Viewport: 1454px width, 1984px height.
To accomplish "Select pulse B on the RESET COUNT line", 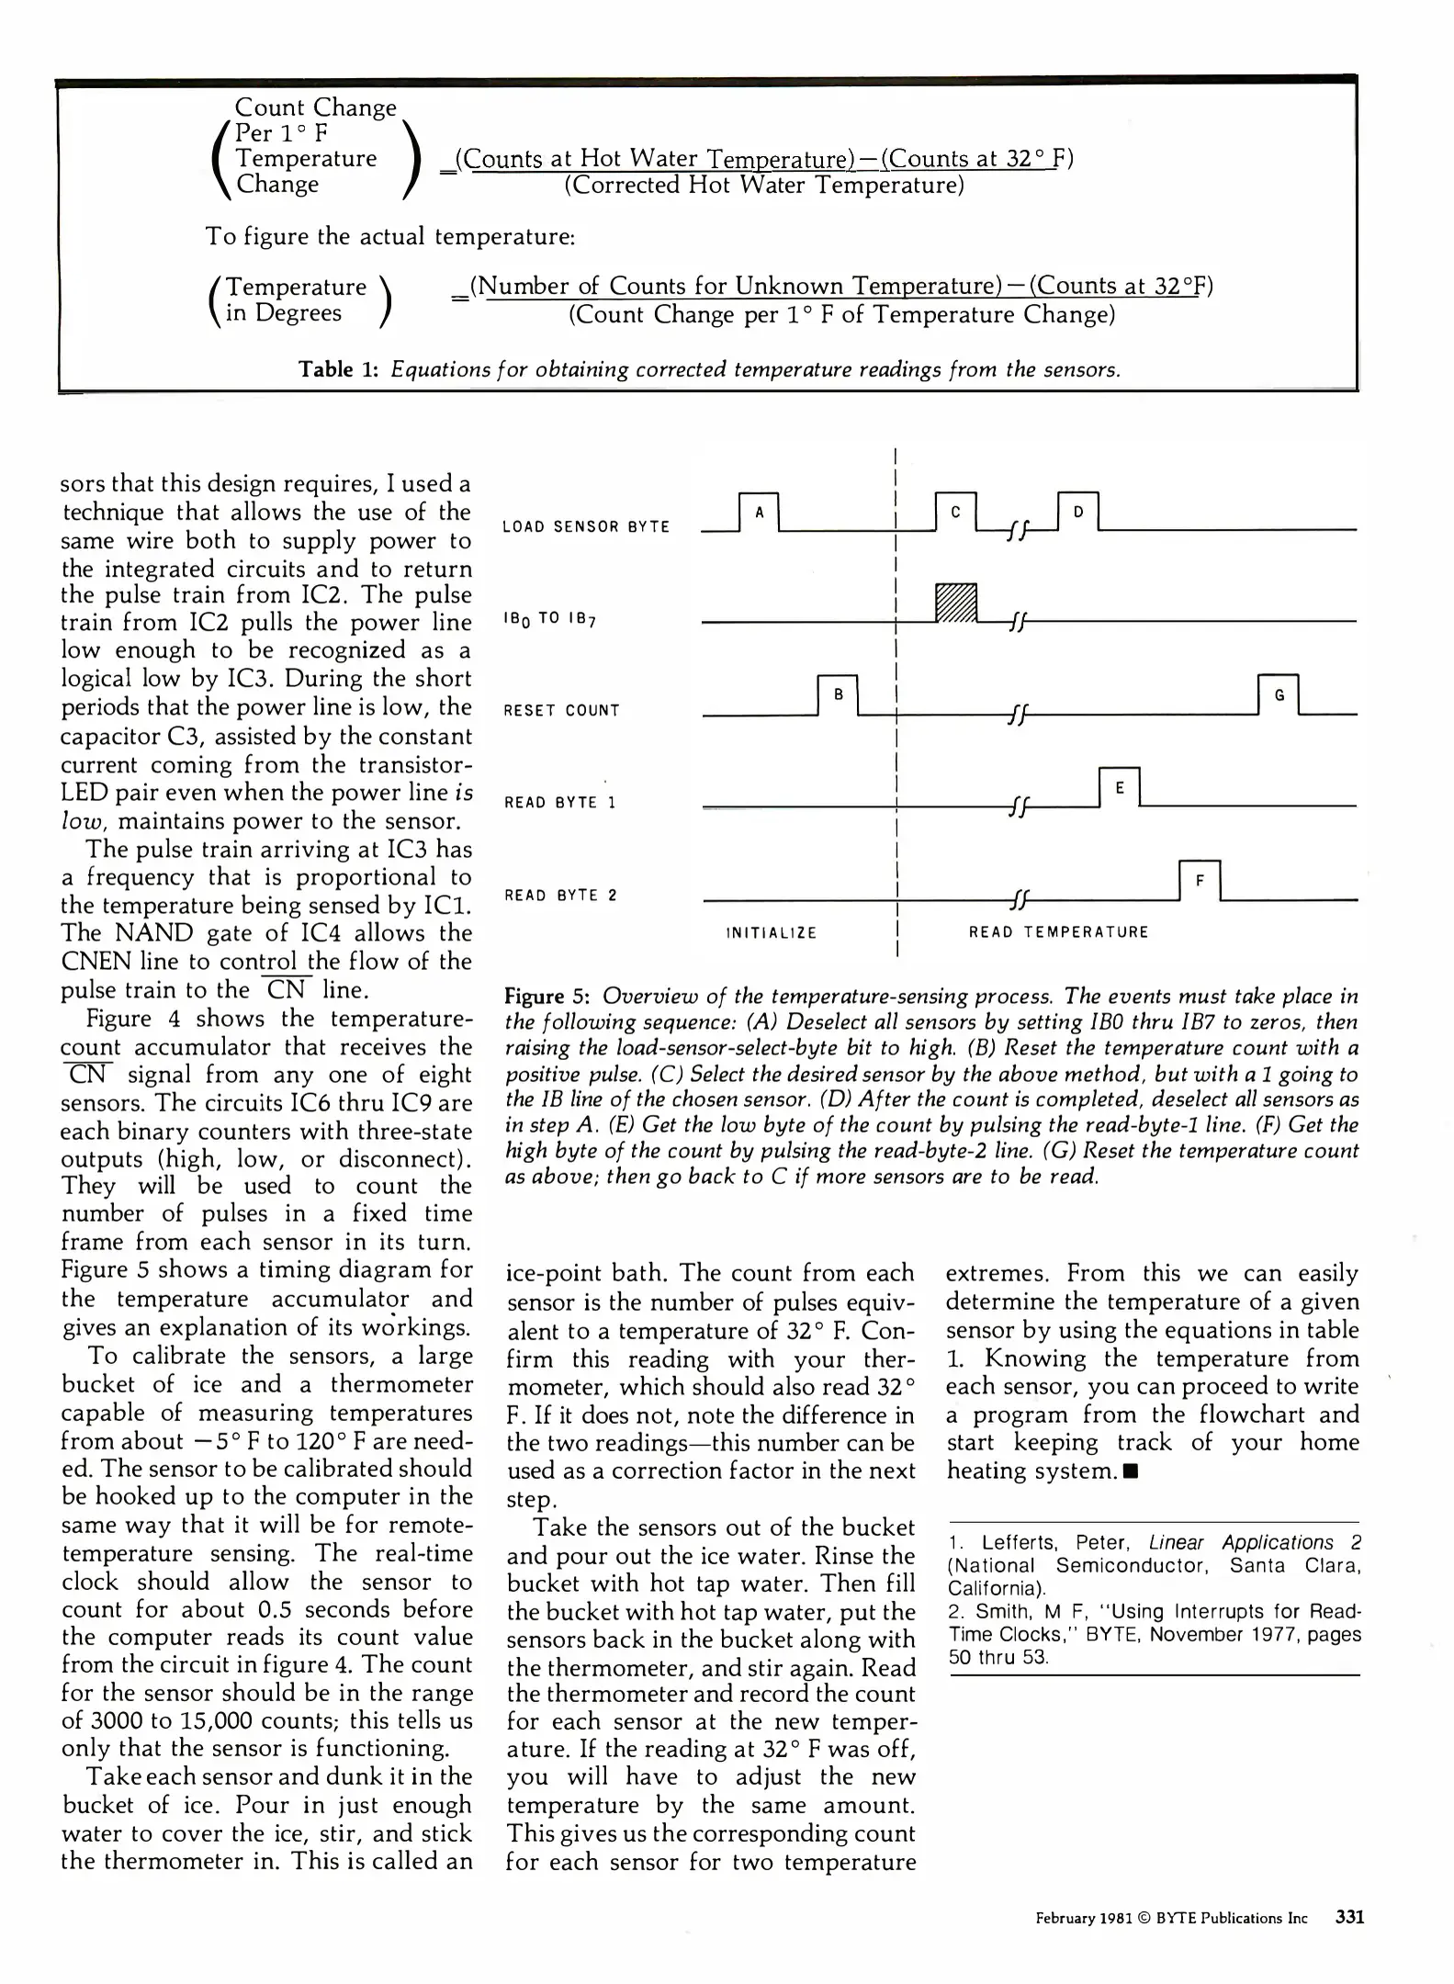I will click(838, 695).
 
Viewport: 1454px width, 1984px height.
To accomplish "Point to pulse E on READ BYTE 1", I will click(1119, 787).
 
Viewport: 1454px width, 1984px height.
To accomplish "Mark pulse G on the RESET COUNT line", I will click(1279, 695).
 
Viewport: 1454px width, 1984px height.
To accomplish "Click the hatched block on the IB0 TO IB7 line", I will click(956, 603).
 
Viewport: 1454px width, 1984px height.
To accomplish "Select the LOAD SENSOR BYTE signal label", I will click(586, 526).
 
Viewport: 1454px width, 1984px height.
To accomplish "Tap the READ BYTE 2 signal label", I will click(560, 895).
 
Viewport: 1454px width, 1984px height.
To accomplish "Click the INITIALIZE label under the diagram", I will click(772, 932).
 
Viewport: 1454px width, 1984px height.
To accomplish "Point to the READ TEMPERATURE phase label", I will click(1058, 932).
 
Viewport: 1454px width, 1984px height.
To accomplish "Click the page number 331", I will click(1349, 1917).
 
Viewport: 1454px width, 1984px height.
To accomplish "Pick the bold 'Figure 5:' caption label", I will click(547, 997).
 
